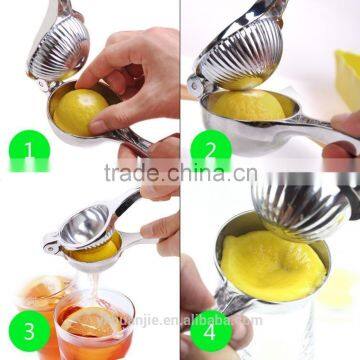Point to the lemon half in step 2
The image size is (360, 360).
pos(251,104)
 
